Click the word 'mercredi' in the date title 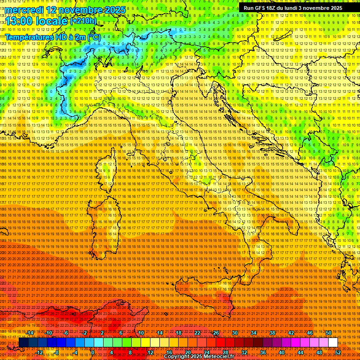pos(26,10)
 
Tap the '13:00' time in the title pos(21,21)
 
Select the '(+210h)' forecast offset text pos(83,21)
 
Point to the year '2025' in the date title pos(115,10)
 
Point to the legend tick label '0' pos(93,352)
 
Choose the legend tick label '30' pos(234,332)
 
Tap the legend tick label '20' pos(187,352)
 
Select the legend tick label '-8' pos(57,352)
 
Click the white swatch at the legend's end pos(333,343)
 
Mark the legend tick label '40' pos(281,352)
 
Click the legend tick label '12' pos(150,352)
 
